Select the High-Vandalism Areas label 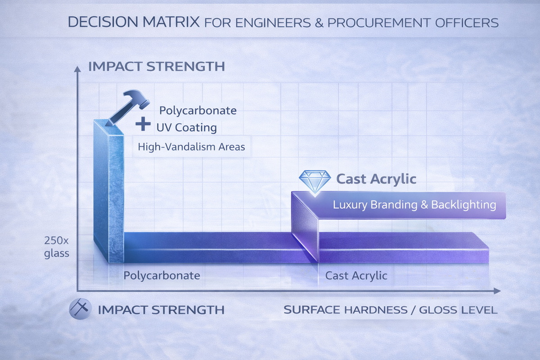[x=191, y=147]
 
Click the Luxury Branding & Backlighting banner [x=414, y=205]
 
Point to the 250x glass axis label [x=57, y=247]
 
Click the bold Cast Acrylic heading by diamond [x=376, y=179]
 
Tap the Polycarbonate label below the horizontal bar [x=162, y=275]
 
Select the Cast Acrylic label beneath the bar [x=356, y=275]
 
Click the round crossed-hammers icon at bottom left [x=80, y=310]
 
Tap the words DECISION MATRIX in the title [x=134, y=22]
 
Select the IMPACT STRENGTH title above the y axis [x=157, y=67]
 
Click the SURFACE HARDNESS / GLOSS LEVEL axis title [x=391, y=310]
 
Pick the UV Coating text [x=186, y=127]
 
